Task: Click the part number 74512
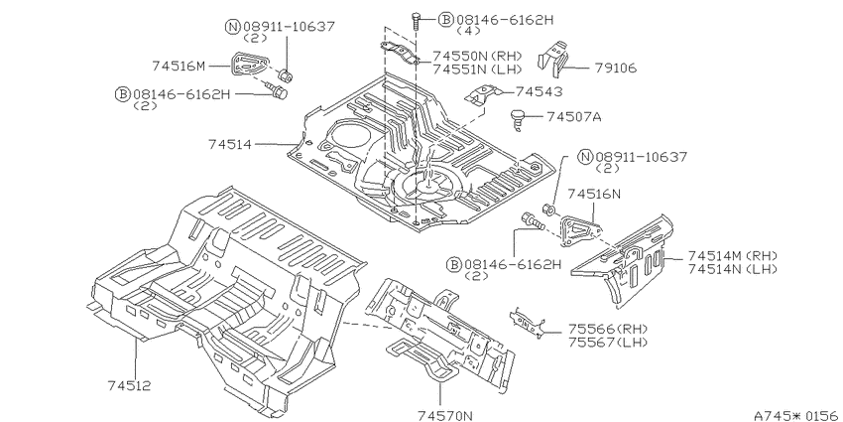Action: pos(129,385)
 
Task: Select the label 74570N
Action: pos(445,415)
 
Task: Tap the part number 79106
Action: pos(616,68)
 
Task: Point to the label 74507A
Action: pos(574,116)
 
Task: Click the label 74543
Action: pos(540,91)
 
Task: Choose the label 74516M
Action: pos(180,66)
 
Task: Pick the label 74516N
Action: pos(594,194)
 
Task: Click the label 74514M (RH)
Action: pos(733,255)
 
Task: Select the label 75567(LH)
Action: pos(608,342)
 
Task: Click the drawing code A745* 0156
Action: pos(797,415)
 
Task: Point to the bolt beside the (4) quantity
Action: pos(417,22)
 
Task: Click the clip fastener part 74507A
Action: pos(517,119)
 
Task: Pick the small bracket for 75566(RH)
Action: pos(528,323)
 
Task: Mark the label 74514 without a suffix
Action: pos(230,144)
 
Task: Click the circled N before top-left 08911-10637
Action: pos(232,27)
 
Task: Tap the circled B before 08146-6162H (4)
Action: pos(445,20)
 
